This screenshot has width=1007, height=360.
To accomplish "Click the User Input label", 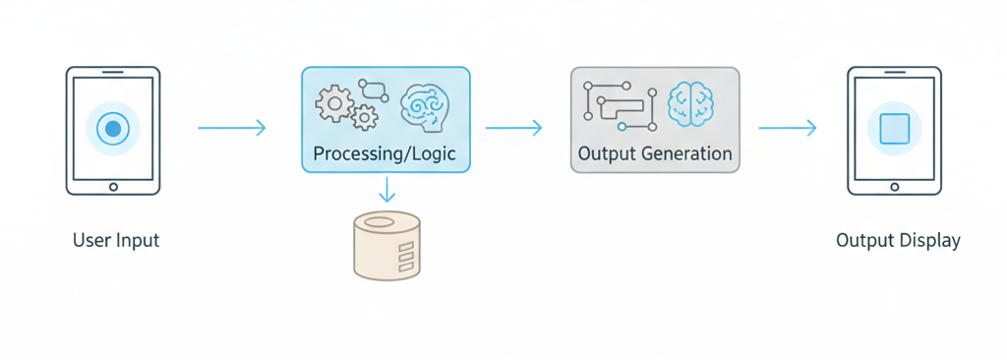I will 116,240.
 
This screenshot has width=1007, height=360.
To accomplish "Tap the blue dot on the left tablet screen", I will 113,128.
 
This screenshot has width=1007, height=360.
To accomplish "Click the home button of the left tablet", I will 113,186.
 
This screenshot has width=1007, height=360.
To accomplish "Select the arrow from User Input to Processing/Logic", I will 232,128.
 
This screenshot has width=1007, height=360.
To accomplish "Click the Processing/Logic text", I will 385,154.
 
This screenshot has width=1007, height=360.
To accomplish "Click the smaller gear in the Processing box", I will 365,118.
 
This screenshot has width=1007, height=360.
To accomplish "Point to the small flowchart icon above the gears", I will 374,90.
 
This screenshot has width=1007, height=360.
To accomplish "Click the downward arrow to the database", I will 386,189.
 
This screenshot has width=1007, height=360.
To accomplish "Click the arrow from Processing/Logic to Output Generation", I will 514,128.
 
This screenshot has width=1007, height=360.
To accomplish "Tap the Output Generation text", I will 655,154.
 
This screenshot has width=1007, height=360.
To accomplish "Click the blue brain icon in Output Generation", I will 690,102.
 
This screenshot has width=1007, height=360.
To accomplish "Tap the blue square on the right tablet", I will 895,129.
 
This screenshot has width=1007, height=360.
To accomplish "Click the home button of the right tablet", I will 895,186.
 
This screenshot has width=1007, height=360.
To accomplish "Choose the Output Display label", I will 898,240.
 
